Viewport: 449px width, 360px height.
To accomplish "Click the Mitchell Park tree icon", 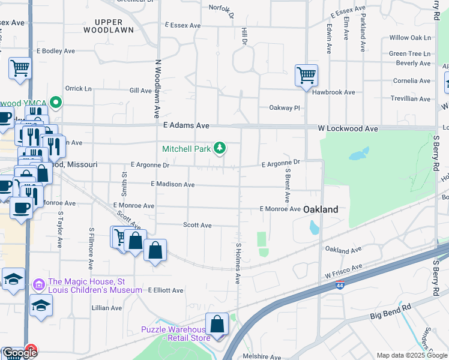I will coord(220,148).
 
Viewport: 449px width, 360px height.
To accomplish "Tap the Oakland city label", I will coord(321,209).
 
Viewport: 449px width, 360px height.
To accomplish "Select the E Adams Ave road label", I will coord(186,126).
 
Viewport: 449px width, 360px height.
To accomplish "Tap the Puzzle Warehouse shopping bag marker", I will coord(217,324).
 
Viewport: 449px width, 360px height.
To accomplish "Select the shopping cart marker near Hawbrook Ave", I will coord(306,76).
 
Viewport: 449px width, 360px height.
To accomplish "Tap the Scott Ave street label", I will coord(197,225).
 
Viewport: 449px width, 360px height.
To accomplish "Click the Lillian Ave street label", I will coord(107,308).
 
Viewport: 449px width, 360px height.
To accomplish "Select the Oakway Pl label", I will coord(283,108).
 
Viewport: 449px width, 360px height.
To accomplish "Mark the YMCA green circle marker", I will coord(56,102).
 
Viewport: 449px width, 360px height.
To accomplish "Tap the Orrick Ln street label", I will coord(79,88).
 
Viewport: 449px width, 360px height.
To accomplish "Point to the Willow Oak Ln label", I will coord(410,37).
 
